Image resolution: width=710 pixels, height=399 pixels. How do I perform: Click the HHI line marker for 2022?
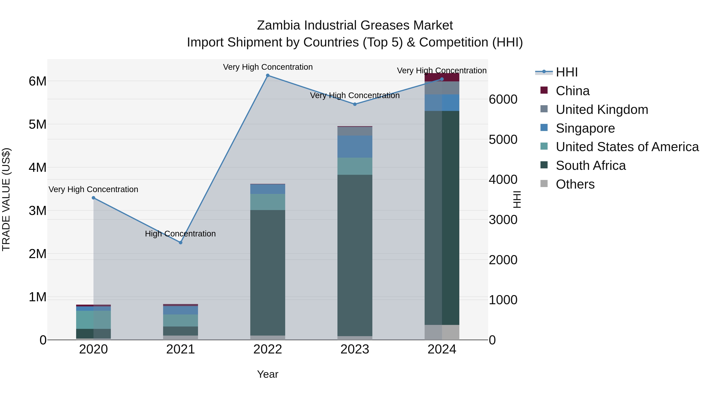tap(267, 75)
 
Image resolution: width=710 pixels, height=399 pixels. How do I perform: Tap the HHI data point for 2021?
tap(180, 243)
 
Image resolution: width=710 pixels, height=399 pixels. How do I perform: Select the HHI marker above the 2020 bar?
tap(93, 198)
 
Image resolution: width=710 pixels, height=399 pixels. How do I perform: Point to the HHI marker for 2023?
tap(355, 104)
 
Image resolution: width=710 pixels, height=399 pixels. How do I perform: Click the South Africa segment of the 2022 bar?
tap(267, 273)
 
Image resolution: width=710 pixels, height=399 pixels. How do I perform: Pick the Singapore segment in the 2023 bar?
tap(355, 146)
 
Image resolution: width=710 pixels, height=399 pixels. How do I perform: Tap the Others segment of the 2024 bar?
tap(442, 332)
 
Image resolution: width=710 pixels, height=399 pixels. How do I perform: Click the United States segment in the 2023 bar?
tap(355, 166)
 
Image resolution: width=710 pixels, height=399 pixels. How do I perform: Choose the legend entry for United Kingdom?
tap(602, 110)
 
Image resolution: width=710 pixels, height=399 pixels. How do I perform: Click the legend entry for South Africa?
tap(590, 166)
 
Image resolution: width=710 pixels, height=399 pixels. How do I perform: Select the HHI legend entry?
tap(566, 72)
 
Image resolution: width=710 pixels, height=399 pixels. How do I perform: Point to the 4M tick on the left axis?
tap(37, 167)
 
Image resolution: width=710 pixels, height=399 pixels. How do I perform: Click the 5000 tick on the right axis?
tap(503, 140)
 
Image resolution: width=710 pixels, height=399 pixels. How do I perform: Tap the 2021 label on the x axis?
tap(180, 349)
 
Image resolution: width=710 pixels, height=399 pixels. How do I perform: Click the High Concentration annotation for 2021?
tap(180, 234)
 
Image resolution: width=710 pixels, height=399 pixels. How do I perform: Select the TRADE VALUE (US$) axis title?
tap(6, 199)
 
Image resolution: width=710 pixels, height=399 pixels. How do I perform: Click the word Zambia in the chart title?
tap(278, 25)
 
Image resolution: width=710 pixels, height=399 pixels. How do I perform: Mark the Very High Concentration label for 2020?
tap(93, 189)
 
